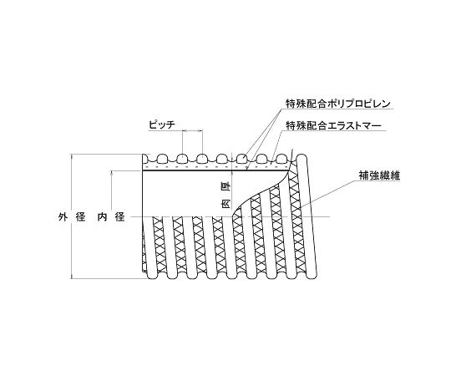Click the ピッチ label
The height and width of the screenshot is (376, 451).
pyautogui.click(x=162, y=124)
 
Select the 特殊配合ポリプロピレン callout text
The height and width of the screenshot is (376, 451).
pyautogui.click(x=338, y=104)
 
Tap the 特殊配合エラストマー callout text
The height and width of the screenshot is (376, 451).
pyautogui.click(x=333, y=125)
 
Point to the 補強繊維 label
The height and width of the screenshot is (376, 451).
pyautogui.click(x=379, y=175)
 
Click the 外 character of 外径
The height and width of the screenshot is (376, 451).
pyautogui.click(x=63, y=217)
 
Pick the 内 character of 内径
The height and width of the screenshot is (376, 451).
pyautogui.click(x=102, y=217)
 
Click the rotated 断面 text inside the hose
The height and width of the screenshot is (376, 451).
pyautogui.click(x=227, y=196)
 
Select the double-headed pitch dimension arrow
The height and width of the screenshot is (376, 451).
pyautogui.click(x=193, y=131)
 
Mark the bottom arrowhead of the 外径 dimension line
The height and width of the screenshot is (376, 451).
pyautogui.click(x=72, y=276)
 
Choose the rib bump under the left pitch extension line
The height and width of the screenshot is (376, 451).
pyautogui.click(x=182, y=159)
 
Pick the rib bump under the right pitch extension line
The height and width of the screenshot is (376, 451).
pyautogui.click(x=202, y=159)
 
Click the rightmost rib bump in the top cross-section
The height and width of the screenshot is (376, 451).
pyautogui.click(x=281, y=159)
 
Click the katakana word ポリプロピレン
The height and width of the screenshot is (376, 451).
pyautogui.click(x=358, y=104)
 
